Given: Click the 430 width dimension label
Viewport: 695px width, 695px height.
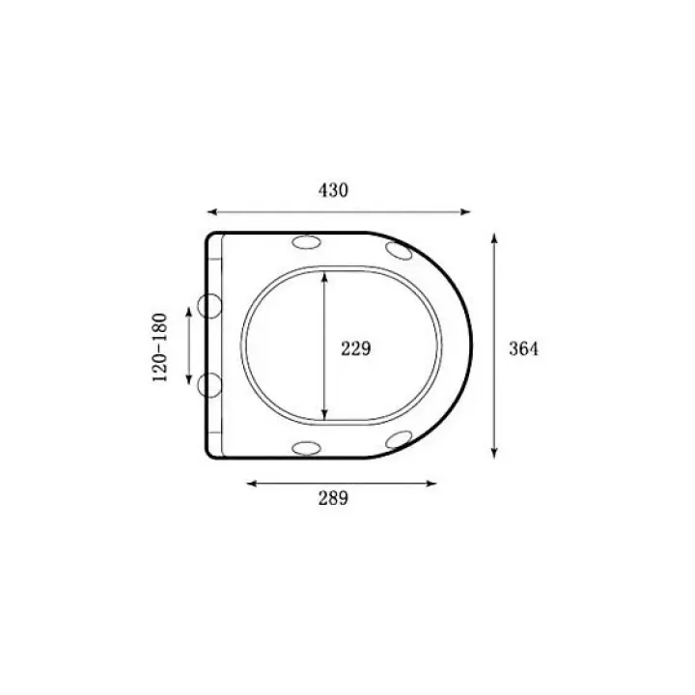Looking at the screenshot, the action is [x=333, y=190].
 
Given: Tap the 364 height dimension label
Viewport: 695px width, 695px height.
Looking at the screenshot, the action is [x=523, y=348].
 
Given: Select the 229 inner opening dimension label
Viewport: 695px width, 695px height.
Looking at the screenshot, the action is [x=355, y=348].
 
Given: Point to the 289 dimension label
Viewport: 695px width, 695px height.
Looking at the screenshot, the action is [x=333, y=498].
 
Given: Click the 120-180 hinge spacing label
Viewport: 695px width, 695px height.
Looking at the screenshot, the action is [x=160, y=347].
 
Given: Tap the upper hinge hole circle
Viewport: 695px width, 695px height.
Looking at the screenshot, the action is [x=209, y=306].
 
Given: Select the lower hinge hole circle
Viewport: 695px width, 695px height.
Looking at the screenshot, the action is [x=209, y=385].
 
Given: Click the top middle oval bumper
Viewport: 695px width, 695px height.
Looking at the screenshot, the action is [x=306, y=242].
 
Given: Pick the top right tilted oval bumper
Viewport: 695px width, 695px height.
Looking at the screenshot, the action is [x=399, y=251].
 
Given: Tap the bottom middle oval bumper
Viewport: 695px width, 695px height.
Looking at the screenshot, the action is [x=306, y=448].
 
